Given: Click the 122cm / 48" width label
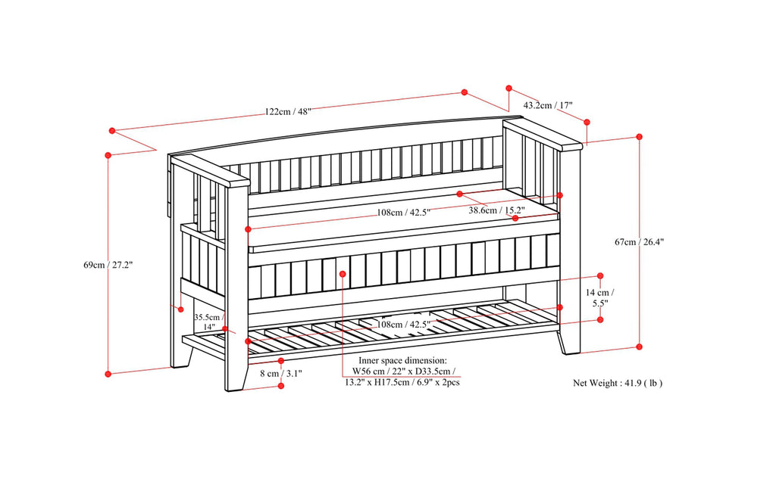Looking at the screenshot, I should (x=289, y=111).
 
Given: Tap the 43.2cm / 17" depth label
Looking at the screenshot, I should (x=548, y=105).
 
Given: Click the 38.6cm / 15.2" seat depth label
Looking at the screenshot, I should (x=496, y=210).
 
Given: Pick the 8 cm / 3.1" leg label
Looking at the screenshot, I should (x=282, y=373).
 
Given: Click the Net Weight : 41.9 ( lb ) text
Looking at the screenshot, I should (x=618, y=384).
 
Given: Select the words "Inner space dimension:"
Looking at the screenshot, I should (x=398, y=361).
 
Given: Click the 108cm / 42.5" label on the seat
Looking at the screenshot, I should (x=404, y=213).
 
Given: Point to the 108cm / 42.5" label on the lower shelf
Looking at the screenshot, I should (x=404, y=325).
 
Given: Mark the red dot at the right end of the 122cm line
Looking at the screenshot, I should (x=465, y=92).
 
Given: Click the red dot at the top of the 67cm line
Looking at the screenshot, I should (x=639, y=137).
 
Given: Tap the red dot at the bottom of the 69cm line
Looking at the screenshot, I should (x=108, y=373).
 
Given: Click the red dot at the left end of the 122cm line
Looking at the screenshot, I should (x=111, y=131).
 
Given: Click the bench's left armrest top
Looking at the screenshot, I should (x=211, y=171).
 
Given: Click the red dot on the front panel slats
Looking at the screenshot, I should (x=343, y=273).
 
